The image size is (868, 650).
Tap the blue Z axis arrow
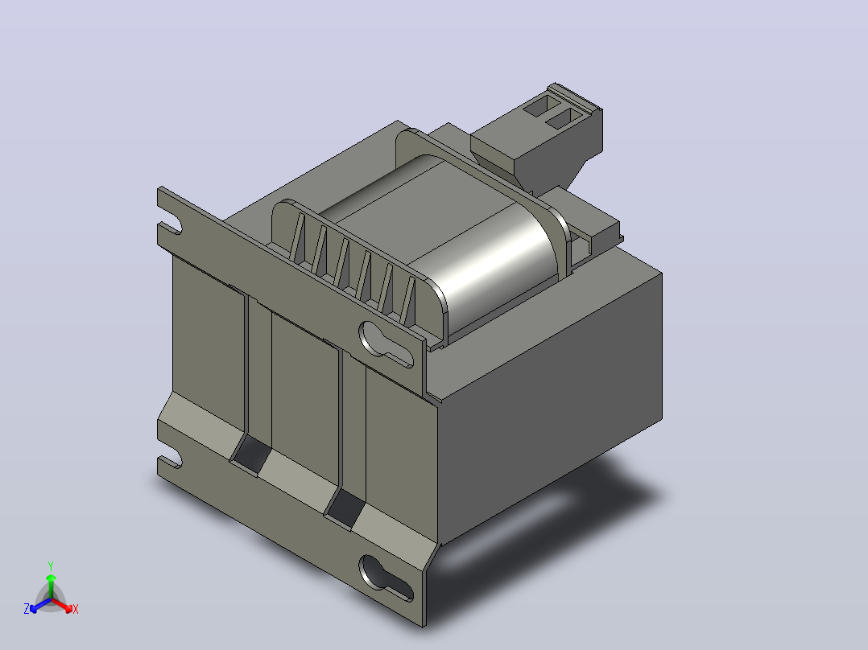[x=40, y=605]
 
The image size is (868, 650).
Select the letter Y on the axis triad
[x=51, y=566]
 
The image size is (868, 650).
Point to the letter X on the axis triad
[x=76, y=609]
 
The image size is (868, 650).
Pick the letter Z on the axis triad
[x=26, y=609]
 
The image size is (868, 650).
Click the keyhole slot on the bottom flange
[x=386, y=578]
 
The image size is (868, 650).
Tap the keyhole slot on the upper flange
[x=386, y=344]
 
